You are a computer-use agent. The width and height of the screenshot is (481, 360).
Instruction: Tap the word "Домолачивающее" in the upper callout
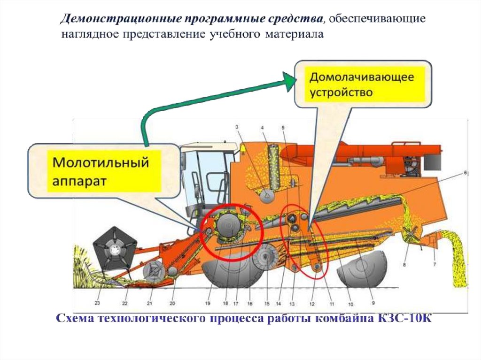[x=361, y=77]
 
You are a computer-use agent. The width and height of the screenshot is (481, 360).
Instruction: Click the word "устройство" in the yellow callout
[x=341, y=92]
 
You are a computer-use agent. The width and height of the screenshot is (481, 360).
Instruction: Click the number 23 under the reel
[x=98, y=303]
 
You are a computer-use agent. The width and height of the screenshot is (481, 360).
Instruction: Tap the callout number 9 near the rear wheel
[x=373, y=302]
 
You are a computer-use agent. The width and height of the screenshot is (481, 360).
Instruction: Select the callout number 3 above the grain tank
[x=237, y=127]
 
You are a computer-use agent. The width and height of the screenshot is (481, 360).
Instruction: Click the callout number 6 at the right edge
[x=465, y=173]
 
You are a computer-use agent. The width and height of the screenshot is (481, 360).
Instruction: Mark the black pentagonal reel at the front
[x=115, y=249]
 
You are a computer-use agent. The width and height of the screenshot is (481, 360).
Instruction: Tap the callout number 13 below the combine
[x=292, y=303]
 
